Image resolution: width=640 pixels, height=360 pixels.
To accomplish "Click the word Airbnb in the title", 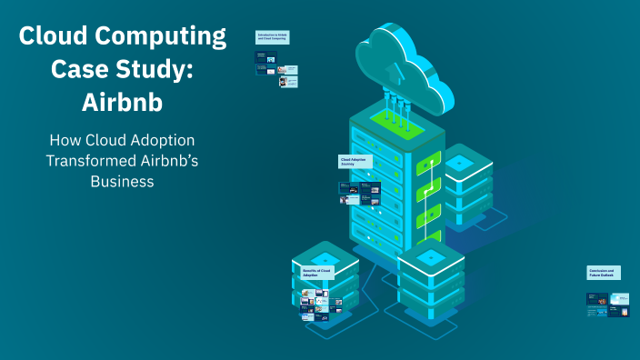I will click(x=122, y=102).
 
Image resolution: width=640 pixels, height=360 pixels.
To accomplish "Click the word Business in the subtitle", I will click(x=122, y=181).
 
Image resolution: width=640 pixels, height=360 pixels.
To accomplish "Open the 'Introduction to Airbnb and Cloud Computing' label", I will click(x=272, y=38).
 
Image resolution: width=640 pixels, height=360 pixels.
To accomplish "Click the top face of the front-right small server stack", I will click(x=431, y=257).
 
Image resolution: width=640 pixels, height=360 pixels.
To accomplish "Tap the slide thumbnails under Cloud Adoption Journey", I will click(x=360, y=192).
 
